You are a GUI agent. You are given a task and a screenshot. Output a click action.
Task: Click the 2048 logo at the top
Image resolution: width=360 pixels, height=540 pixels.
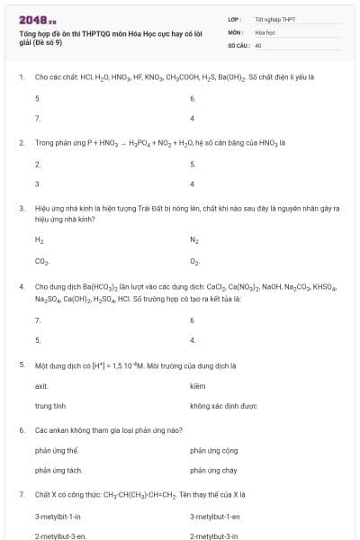37,19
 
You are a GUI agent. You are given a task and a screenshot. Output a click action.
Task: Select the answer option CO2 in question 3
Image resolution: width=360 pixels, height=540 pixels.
41,262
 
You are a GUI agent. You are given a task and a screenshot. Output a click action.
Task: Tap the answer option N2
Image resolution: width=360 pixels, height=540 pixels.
194,240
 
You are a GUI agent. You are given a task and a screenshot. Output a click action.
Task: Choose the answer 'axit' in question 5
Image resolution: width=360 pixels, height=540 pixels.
41,385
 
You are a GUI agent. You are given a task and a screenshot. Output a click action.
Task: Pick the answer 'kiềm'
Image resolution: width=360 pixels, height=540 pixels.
198,385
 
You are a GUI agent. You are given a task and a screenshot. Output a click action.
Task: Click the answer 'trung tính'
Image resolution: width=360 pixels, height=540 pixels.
50,406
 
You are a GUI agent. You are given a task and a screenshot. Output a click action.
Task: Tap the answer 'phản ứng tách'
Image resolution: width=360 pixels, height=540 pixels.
58,470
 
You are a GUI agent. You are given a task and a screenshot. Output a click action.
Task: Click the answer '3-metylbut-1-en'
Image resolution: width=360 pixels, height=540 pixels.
214,516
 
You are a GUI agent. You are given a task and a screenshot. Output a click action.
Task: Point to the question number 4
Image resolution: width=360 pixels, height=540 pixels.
21,286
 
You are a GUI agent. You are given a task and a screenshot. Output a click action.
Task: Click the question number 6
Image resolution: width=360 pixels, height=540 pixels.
21,429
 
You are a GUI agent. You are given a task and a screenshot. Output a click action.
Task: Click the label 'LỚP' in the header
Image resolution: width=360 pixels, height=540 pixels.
234,19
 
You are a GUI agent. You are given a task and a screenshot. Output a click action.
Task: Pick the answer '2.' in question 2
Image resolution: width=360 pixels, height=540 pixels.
38,165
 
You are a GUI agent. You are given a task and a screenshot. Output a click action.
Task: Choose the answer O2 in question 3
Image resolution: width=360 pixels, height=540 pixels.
194,262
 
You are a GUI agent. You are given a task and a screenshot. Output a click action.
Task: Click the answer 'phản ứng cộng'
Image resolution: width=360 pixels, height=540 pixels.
213,450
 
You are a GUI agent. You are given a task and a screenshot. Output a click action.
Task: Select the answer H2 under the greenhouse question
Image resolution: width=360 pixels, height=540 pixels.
39,240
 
